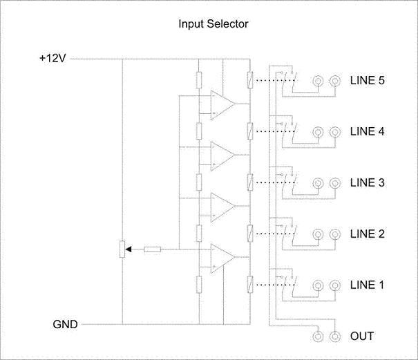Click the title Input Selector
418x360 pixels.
pyautogui.click(x=213, y=24)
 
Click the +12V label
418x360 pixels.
pyautogui.click(x=53, y=59)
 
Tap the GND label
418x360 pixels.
pyautogui.click(x=65, y=323)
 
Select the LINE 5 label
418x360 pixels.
pyautogui.click(x=367, y=80)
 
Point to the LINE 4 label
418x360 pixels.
pyautogui.click(x=367, y=131)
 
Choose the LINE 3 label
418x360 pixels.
pyautogui.click(x=367, y=182)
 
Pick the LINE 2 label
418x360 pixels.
pyautogui.click(x=367, y=234)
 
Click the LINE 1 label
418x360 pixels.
pyautogui.click(x=367, y=285)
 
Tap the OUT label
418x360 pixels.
pyautogui.click(x=362, y=337)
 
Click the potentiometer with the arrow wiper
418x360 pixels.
pyautogui.click(x=122, y=249)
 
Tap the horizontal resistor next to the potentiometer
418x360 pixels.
pyautogui.click(x=153, y=249)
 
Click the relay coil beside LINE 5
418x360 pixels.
pyautogui.click(x=249, y=80)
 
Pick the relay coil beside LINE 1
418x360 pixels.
pyautogui.click(x=249, y=284)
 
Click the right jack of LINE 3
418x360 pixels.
pyautogui.click(x=335, y=183)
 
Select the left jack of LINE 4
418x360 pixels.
pyautogui.click(x=318, y=132)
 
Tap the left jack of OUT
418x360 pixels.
pyautogui.click(x=318, y=337)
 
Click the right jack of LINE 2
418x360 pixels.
pyautogui.click(x=335, y=234)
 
